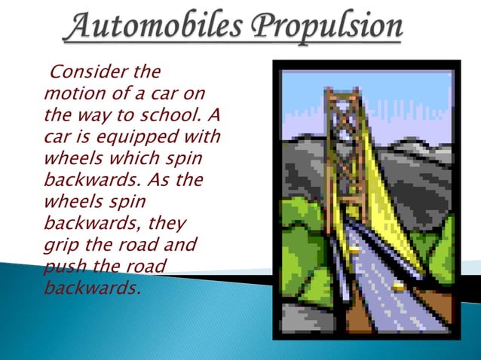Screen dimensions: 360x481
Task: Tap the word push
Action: coord(63,266)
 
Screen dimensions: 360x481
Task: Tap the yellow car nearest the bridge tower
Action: coord(354,249)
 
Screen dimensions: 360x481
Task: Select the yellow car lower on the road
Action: coord(398,286)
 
